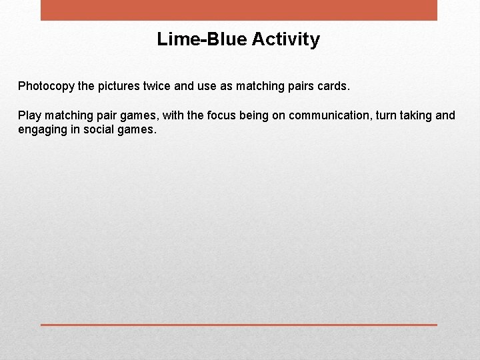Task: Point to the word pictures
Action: [119, 86]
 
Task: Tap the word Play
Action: [30, 115]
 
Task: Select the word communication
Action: [321, 115]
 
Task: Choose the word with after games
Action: [173, 115]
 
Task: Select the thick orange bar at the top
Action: [239, 10]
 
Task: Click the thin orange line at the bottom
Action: [239, 325]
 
